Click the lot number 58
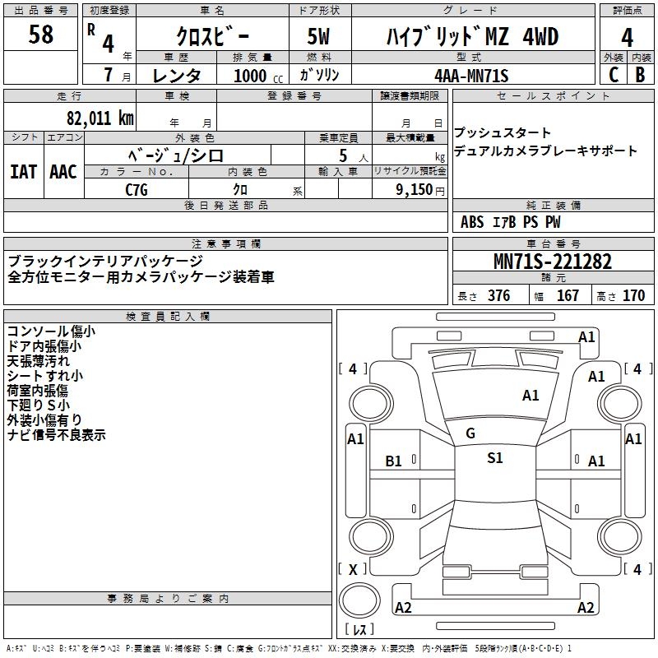40,35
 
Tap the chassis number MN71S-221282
553,262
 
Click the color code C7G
137,188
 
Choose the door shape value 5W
319,37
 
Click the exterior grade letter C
613,74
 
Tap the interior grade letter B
640,74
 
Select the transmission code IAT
23,172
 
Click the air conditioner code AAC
63,172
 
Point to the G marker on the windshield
470,433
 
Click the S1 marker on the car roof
494,458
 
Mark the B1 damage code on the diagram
394,461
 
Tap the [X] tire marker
354,569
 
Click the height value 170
634,296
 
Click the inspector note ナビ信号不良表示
57,435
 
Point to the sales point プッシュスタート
503,132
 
